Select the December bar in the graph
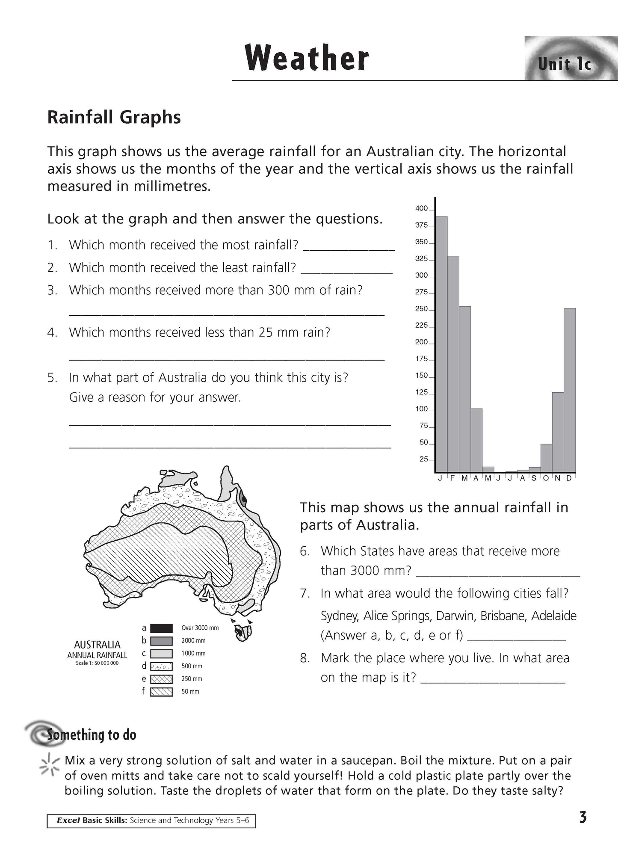[570, 390]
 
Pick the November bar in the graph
[558, 432]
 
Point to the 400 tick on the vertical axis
[421, 209]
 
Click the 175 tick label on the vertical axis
[421, 359]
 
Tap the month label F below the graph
[452, 478]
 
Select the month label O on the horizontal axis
[546, 478]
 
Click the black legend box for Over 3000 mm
[162, 628]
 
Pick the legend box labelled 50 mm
[162, 691]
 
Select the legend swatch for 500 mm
[162, 666]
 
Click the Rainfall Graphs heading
[114, 117]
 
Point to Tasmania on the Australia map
[243, 631]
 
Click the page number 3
[583, 818]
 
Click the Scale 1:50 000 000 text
[97, 663]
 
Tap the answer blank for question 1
[349, 246]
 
